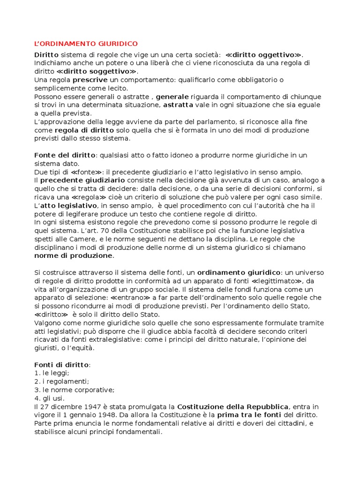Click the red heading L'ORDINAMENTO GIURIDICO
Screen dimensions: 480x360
[x=86, y=44]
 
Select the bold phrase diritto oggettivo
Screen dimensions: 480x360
[x=264, y=54]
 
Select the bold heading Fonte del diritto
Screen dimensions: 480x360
[x=65, y=156]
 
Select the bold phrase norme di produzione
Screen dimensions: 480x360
[x=74, y=256]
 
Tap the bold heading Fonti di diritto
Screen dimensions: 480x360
[x=61, y=366]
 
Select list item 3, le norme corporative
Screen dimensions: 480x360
[x=74, y=390]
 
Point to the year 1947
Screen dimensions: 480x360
[x=95, y=407]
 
